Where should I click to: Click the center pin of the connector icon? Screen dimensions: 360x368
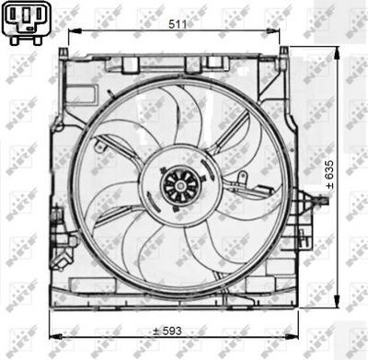click(x=26, y=19)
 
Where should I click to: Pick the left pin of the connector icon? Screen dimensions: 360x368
click(x=15, y=19)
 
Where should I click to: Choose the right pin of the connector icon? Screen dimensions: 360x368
click(x=37, y=19)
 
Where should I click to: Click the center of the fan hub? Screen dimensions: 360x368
click(x=174, y=185)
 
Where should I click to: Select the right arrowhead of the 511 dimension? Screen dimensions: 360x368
click(x=285, y=34)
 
